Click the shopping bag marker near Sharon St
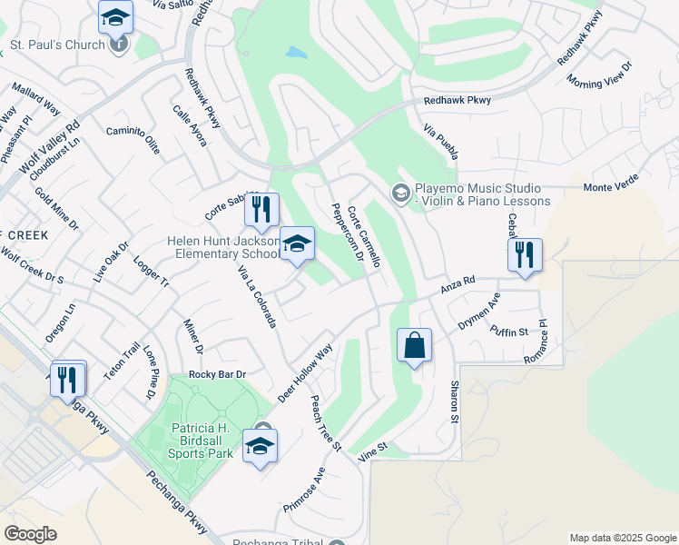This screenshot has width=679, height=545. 414,346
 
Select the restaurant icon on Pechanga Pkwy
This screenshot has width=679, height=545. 68,378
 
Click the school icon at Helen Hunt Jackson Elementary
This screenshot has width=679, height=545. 296,243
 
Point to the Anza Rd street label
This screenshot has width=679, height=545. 458,285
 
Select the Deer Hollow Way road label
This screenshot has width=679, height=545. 305,372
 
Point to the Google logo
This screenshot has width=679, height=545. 30,534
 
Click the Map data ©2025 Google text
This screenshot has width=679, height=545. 622,538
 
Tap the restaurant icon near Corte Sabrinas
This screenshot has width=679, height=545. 261,210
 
